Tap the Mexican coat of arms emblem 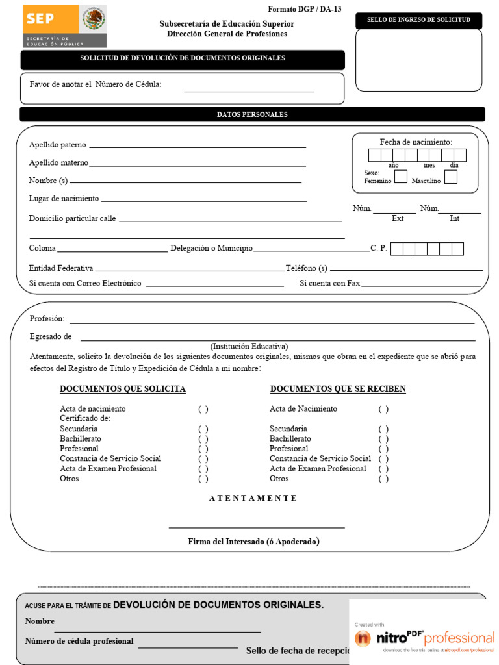click(94, 19)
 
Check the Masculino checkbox click(450, 177)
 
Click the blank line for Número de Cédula click(249, 91)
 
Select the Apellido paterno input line click(197, 147)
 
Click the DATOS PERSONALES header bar click(252, 114)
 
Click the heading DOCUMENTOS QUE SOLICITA click(123, 389)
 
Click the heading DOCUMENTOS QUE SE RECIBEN click(338, 389)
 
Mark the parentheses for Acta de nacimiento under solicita click(203, 409)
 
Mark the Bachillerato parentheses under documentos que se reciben click(383, 439)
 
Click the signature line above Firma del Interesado click(257, 527)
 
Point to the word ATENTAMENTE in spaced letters click(253, 498)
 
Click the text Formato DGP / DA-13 click(304, 10)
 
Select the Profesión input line click(272, 322)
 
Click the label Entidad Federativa click(61, 268)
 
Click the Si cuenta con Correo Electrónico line click(214, 286)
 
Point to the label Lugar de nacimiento click(64, 199)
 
